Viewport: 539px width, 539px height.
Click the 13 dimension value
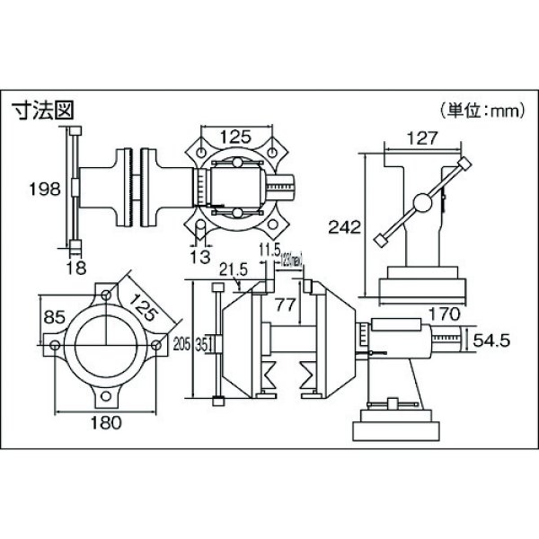(x=202, y=254)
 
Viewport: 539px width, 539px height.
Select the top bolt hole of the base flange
(x=107, y=295)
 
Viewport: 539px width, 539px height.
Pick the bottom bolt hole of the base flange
(x=107, y=395)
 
